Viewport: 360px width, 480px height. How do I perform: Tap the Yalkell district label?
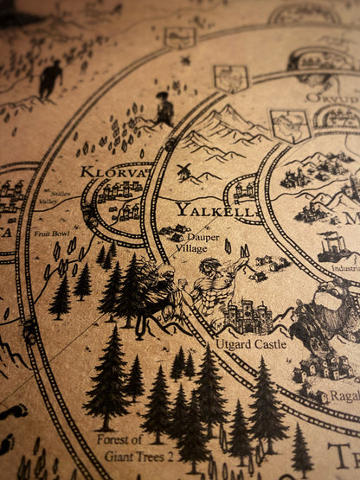coord(203,210)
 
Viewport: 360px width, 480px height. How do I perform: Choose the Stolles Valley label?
coord(61,198)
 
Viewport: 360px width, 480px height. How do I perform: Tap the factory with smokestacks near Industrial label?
coord(333,246)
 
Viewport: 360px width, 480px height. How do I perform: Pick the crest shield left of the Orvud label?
coord(290,125)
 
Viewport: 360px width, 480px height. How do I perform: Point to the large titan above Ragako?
coord(329,320)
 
